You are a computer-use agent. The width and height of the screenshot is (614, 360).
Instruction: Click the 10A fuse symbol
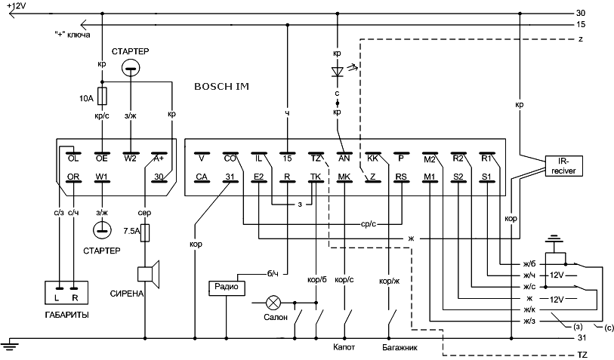[102, 97]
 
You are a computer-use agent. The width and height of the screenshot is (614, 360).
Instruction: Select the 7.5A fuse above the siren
[145, 232]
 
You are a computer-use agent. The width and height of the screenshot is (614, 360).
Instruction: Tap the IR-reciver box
[563, 166]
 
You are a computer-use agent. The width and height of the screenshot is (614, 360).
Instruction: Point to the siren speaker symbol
[149, 274]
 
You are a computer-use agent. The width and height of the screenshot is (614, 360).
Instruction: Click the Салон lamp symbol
[273, 303]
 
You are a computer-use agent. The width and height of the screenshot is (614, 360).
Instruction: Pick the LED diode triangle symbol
[337, 72]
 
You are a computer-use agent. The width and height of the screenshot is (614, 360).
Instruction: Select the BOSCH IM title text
[221, 87]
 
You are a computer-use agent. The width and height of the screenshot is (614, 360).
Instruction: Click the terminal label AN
[344, 158]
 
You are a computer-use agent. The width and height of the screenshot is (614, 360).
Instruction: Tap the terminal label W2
[130, 158]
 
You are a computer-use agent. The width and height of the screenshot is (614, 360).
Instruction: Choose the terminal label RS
[401, 177]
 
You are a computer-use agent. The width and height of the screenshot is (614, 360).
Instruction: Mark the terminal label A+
[159, 158]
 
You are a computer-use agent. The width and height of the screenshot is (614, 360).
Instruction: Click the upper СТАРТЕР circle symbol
[131, 69]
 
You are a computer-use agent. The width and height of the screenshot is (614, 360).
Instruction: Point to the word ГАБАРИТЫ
[66, 315]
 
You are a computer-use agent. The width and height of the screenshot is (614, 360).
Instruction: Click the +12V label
[16, 5]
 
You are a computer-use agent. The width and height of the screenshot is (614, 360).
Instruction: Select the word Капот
[344, 347]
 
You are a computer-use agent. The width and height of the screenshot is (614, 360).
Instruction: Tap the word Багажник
[400, 347]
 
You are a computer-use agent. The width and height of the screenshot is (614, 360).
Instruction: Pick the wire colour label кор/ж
[389, 281]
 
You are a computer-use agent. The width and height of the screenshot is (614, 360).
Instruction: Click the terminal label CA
[202, 177]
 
